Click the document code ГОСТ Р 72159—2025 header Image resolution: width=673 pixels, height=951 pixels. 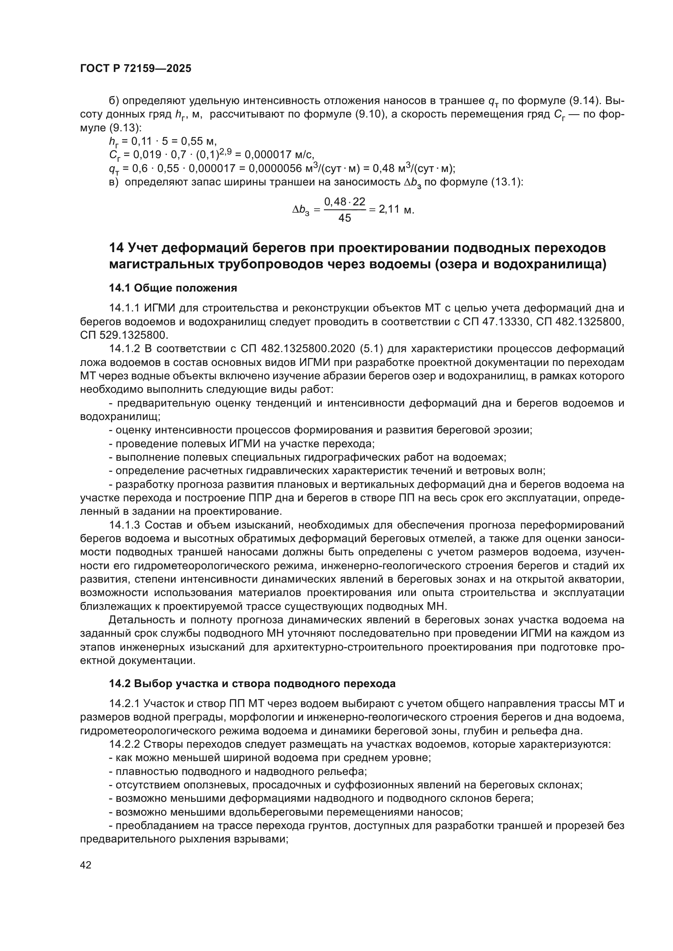(135, 69)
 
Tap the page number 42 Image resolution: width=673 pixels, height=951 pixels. (86, 865)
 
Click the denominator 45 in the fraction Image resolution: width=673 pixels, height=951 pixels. (344, 218)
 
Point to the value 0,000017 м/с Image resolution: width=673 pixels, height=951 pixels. (279, 155)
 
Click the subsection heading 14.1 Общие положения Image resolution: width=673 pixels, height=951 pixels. (173, 288)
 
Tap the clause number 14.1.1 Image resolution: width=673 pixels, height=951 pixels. (125, 308)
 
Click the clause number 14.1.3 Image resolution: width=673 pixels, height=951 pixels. (125, 525)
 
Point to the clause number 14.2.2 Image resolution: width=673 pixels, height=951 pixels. (125, 744)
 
